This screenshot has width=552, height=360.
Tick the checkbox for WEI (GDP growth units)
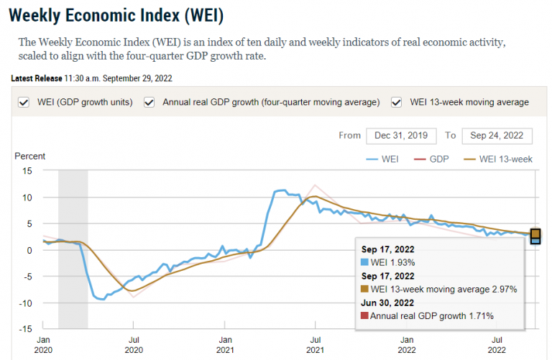point(23,102)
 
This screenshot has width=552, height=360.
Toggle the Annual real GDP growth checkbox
point(149,102)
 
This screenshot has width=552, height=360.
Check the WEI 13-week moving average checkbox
point(396,102)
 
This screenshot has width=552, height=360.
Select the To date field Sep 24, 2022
point(497,135)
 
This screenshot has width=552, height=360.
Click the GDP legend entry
point(438,159)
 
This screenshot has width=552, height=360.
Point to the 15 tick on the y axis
point(28,170)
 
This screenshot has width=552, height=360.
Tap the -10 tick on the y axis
point(26,303)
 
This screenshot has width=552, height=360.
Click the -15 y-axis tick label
point(26,329)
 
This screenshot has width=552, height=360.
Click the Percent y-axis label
point(30,156)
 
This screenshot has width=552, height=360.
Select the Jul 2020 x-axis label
point(134,345)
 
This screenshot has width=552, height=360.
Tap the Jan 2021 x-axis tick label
point(225,345)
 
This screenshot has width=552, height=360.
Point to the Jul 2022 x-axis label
point(497,345)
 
